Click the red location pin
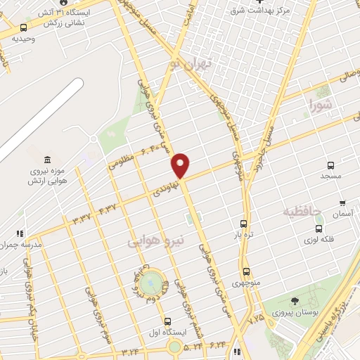(181, 165)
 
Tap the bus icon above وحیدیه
(24, 28)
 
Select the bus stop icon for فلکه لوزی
(319, 229)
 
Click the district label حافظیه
(302, 211)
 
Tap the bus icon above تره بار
(244, 224)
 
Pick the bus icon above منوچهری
(246, 271)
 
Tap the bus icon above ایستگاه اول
(167, 321)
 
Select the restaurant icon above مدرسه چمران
(20, 233)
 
